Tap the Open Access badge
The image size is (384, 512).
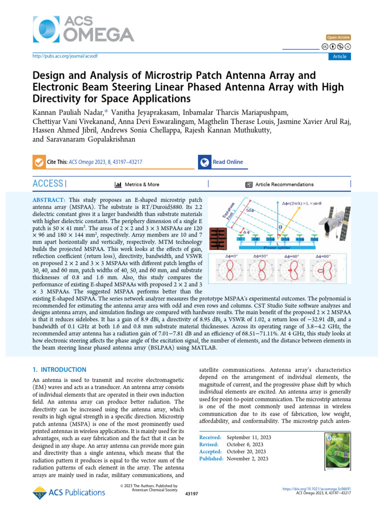click(338, 37)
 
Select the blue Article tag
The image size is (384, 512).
click(339, 56)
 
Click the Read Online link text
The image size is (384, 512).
click(227, 162)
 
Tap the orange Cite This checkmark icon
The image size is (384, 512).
click(38, 162)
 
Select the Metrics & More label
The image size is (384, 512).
click(141, 184)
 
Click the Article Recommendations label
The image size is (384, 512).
click(284, 184)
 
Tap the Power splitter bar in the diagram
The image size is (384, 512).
click(279, 247)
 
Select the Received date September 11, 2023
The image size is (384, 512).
click(249, 437)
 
